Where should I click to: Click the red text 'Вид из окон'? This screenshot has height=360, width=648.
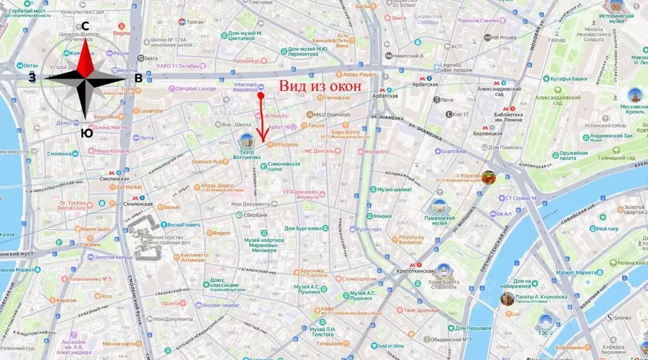pos(321,87)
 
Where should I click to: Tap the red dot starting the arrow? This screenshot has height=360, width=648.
pos(260,96)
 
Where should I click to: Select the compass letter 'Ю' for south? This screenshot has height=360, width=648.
pos(86,133)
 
